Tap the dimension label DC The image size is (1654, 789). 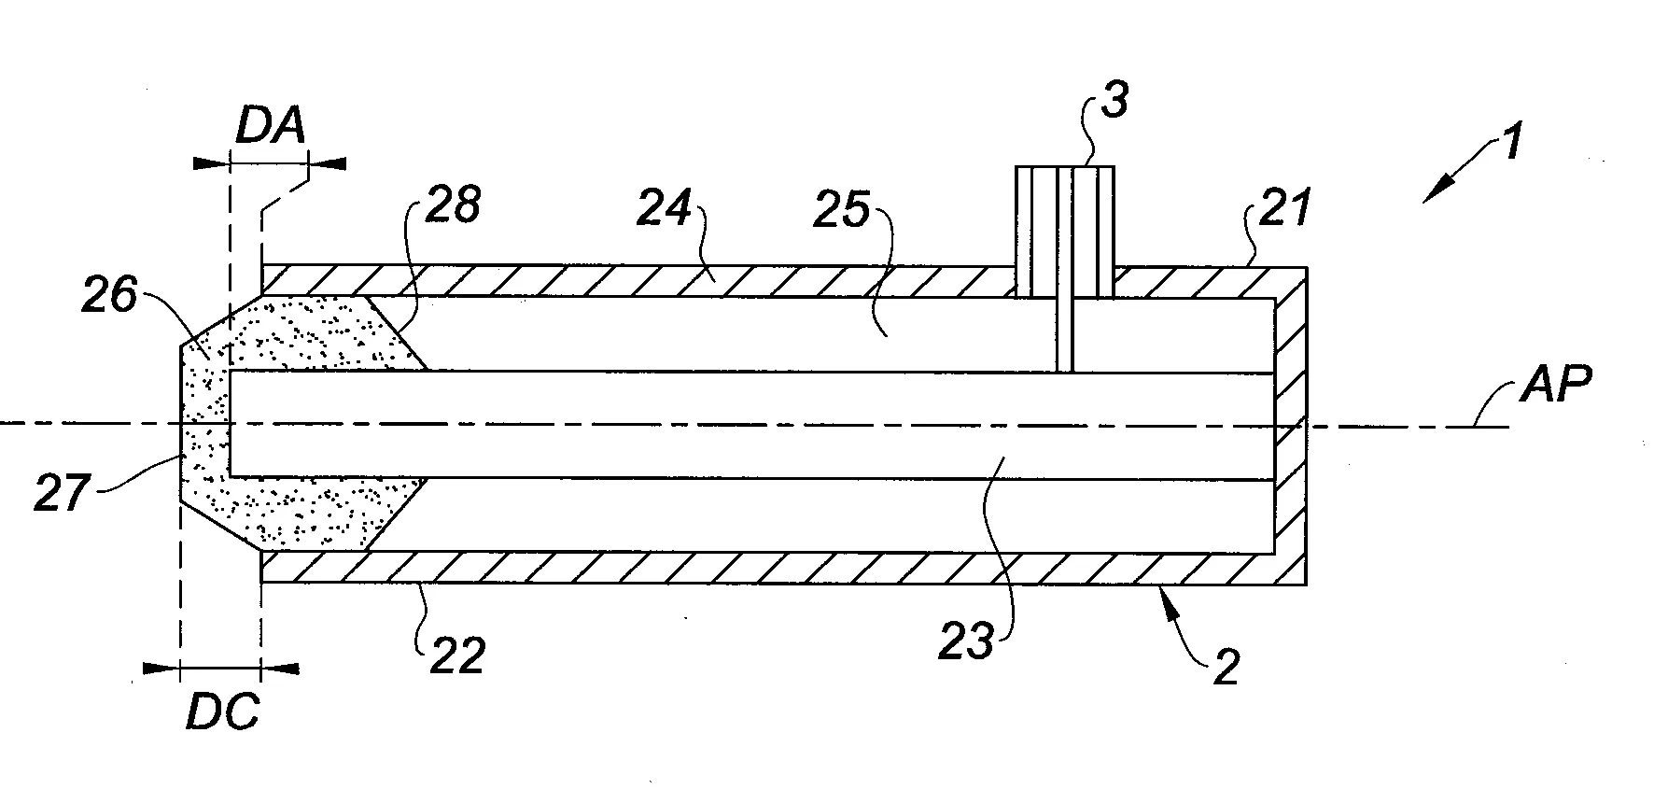click(x=222, y=714)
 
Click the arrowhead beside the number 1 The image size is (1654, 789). click(x=1436, y=190)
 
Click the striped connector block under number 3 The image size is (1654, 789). click(x=1065, y=232)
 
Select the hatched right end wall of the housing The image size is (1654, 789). click(x=1291, y=425)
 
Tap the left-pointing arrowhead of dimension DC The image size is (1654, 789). click(x=280, y=669)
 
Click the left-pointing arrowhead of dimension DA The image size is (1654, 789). click(x=327, y=163)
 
